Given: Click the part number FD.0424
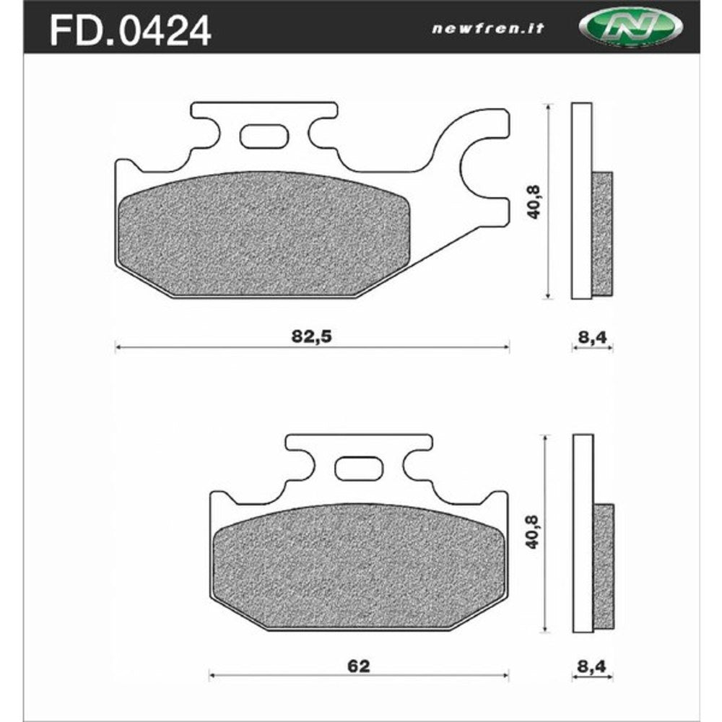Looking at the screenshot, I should (x=130, y=30).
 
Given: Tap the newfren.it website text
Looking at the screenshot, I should (x=487, y=29).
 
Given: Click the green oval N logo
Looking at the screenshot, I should (x=630, y=28).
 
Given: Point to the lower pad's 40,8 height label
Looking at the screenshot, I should (x=535, y=533).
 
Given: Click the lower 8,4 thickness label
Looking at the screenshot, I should (x=593, y=666).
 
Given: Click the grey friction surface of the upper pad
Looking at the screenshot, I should (x=264, y=235).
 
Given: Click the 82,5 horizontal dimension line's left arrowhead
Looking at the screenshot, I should (x=118, y=347).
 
